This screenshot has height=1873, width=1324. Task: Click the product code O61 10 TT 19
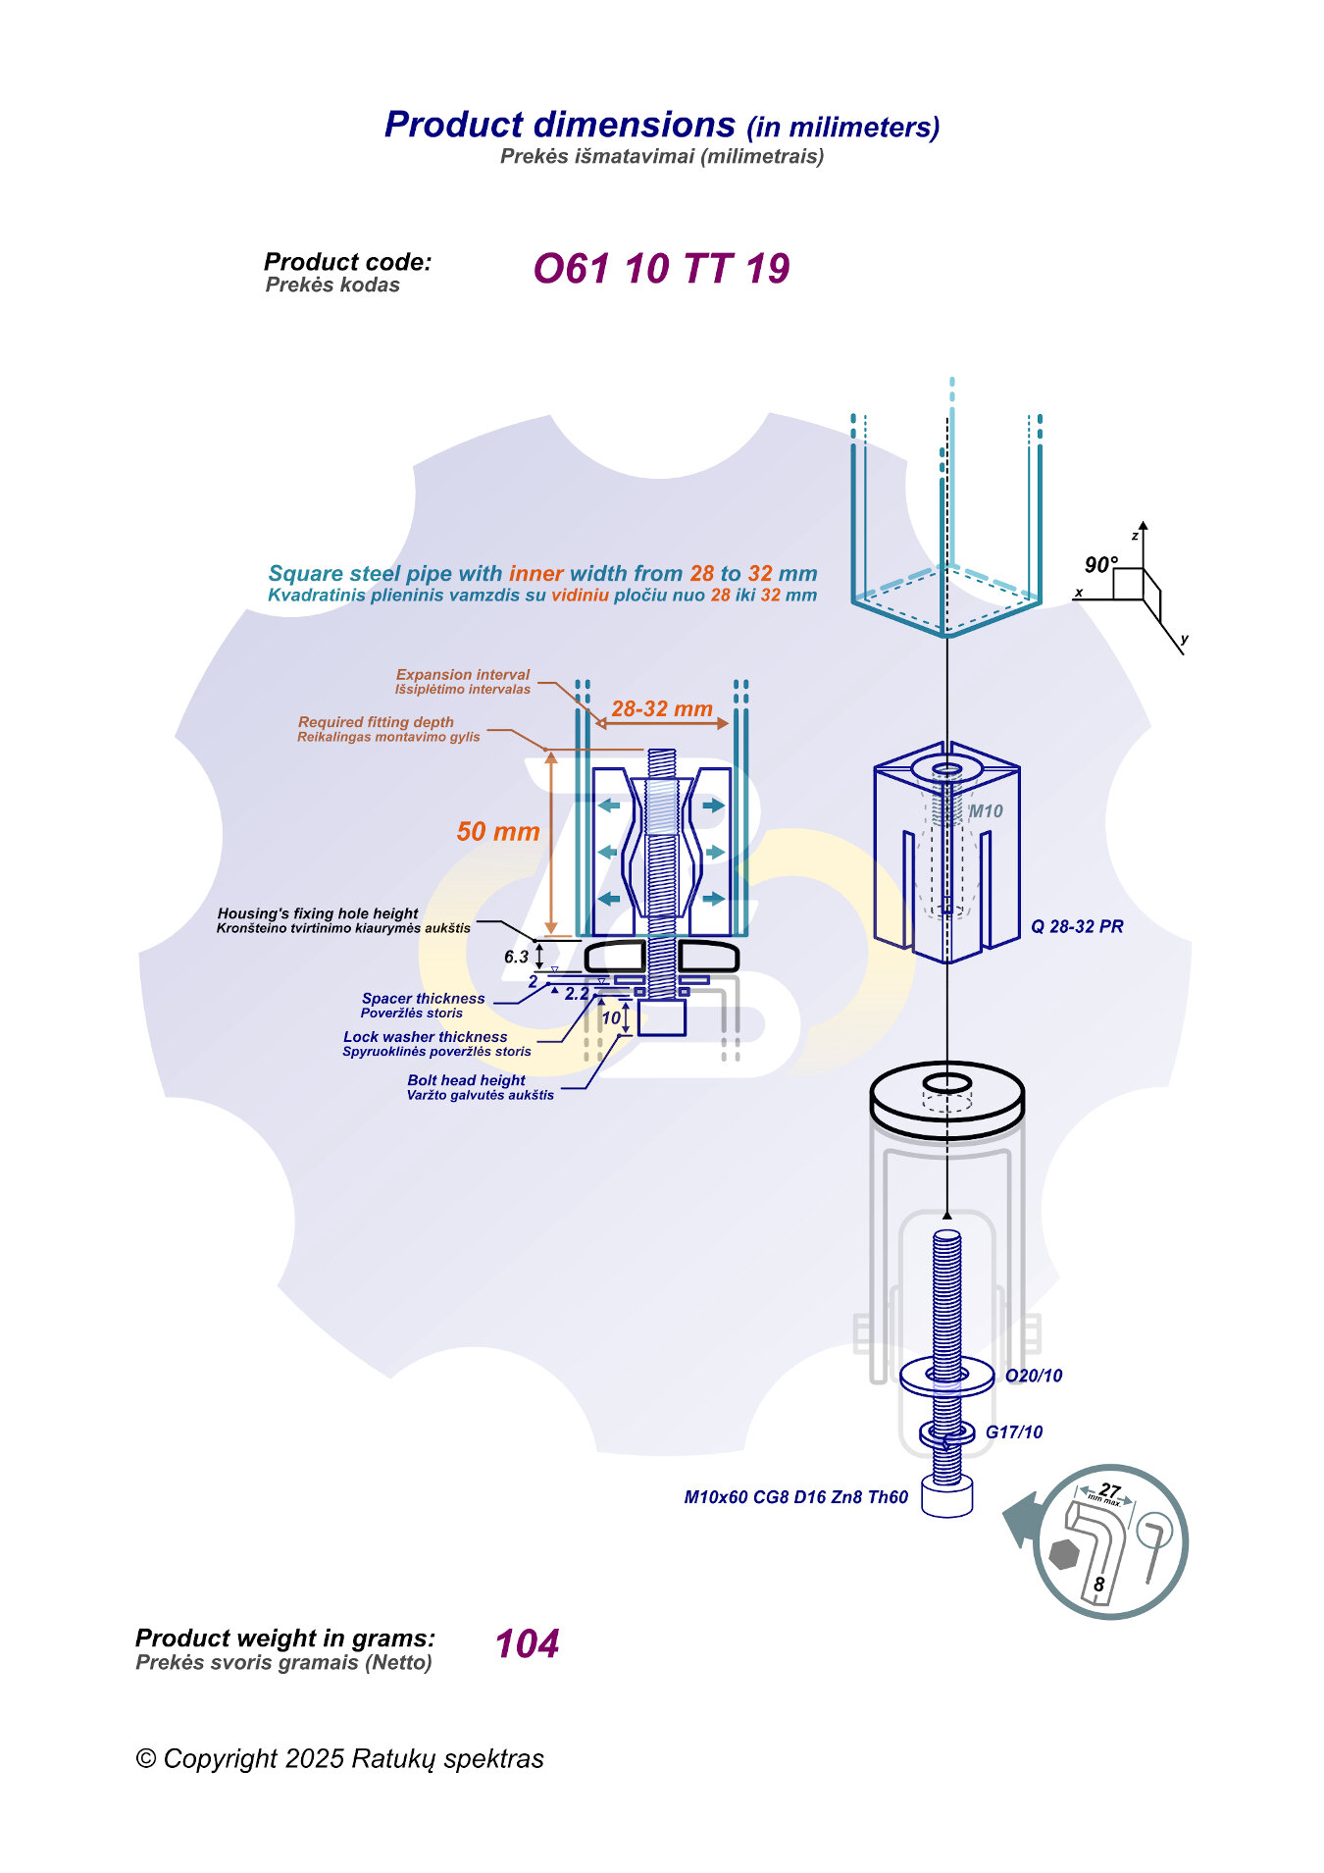(x=661, y=269)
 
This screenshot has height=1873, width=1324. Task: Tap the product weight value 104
(x=527, y=1643)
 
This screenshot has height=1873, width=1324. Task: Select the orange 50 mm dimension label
(x=498, y=832)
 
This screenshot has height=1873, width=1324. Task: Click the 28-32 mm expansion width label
(x=662, y=708)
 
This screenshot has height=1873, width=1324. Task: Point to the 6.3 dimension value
(x=516, y=957)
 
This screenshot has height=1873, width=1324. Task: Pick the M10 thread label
(x=986, y=811)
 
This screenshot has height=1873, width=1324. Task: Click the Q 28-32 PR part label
(x=1077, y=926)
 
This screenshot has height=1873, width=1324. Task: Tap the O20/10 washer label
(x=1034, y=1376)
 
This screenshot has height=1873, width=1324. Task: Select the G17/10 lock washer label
(x=1014, y=1432)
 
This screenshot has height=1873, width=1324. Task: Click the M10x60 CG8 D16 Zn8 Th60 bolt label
(x=795, y=1497)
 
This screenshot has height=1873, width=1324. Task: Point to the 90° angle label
(x=1100, y=565)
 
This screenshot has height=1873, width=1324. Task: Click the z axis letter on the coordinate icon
(x=1135, y=536)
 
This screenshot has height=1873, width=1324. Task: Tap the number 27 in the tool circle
(x=1109, y=1490)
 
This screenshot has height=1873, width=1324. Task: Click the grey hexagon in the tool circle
(x=1064, y=1554)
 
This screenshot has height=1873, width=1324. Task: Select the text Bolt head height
(x=466, y=1080)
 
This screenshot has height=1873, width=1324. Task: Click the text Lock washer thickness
(x=425, y=1037)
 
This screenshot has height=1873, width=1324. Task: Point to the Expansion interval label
(x=462, y=675)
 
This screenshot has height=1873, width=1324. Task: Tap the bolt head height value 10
(x=611, y=1018)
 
